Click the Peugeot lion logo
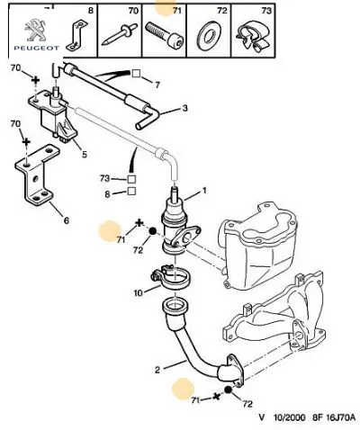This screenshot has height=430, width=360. coord(36,30)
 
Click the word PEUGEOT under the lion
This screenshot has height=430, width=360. coord(36,48)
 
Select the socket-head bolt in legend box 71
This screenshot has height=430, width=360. coord(165,35)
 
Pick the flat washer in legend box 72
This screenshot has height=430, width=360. coord(209,35)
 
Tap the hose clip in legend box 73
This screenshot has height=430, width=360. coord(253,36)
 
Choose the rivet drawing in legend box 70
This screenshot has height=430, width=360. coord(119,36)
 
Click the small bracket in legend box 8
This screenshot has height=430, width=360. coord(76,36)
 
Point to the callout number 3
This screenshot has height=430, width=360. coord(184,108)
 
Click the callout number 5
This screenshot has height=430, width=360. coord(85,154)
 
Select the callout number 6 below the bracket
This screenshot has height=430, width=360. coord(67,220)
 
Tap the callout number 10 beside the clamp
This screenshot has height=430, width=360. coord(139,292)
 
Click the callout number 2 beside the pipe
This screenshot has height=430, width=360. coord(157,370)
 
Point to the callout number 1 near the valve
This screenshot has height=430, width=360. coord(204,190)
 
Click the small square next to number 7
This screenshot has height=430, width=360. coord(136,74)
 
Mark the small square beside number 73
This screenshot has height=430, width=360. coord(131,179)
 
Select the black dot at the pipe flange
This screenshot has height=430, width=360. coord(229,390)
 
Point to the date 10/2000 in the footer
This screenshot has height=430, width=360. coord(289,417)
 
